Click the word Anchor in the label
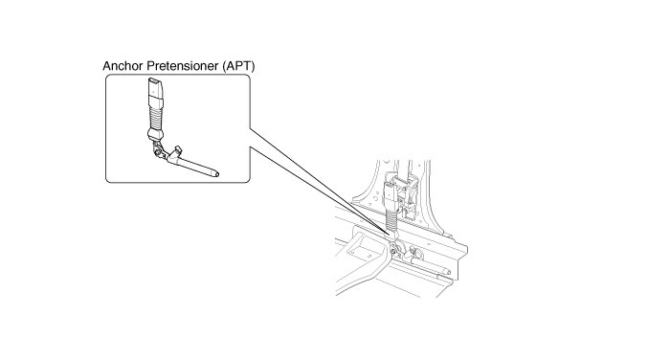[x=123, y=66]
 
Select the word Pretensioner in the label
[x=183, y=66]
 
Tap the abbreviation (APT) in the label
[x=238, y=66]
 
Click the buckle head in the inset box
[x=155, y=92]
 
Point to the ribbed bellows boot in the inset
[x=156, y=118]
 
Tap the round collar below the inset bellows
[x=155, y=134]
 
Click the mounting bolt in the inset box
[x=158, y=152]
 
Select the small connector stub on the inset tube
[x=177, y=150]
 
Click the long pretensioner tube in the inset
[x=193, y=166]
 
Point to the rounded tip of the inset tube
[x=216, y=173]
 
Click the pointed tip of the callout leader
[x=390, y=235]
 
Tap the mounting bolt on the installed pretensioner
[x=393, y=251]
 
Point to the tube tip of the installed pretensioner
[x=447, y=271]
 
